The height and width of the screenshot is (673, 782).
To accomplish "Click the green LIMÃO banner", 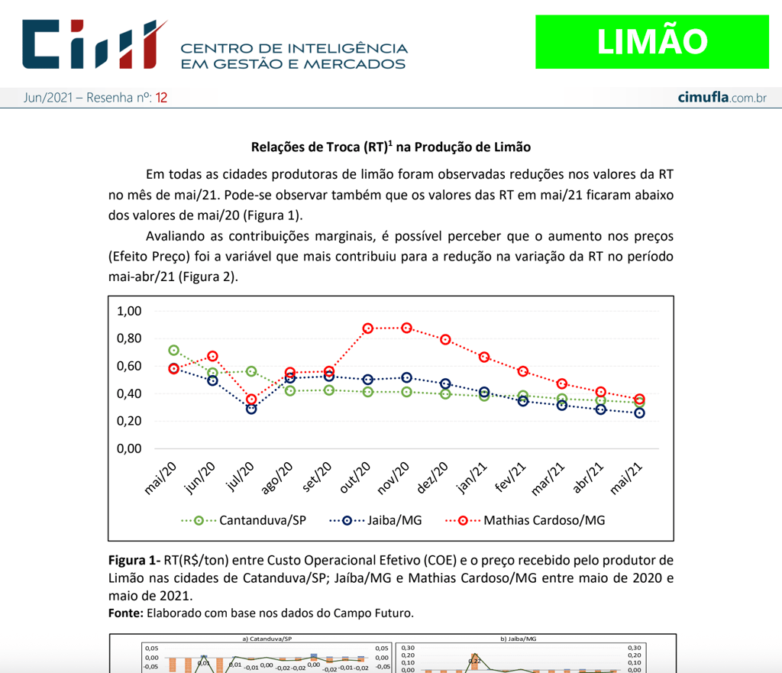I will [x=651, y=41].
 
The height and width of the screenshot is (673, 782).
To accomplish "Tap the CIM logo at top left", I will [x=95, y=44].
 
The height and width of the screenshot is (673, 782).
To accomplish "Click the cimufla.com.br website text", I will [x=722, y=98].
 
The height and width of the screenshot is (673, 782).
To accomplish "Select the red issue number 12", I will [x=161, y=98].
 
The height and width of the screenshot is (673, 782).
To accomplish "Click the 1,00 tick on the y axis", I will [x=130, y=311].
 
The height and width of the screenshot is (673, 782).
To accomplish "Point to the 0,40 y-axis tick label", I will [x=130, y=393].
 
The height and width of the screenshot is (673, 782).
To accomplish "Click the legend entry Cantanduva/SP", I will [x=262, y=520].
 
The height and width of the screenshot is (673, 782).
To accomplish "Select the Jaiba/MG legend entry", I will [x=394, y=520].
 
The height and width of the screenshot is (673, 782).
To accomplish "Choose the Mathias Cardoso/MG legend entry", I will [x=544, y=520].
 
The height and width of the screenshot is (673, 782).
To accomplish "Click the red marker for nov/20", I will [x=406, y=328].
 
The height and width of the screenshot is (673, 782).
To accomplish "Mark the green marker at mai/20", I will [x=174, y=351].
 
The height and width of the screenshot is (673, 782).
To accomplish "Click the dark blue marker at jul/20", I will [x=251, y=409].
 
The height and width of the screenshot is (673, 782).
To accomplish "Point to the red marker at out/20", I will [x=368, y=328].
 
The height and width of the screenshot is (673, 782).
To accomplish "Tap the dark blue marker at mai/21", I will [x=639, y=413].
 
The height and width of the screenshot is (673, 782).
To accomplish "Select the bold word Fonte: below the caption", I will [x=126, y=612].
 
